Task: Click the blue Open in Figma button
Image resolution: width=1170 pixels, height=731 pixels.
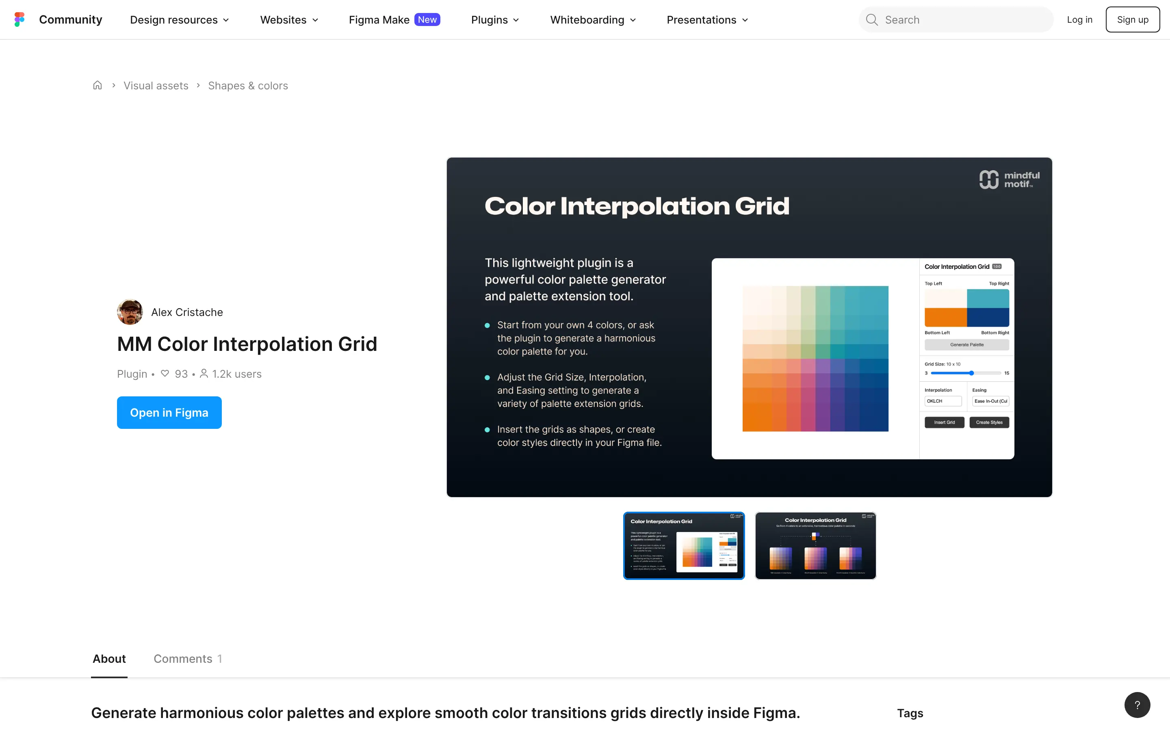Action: (169, 412)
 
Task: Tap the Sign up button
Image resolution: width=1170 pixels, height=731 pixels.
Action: (1132, 20)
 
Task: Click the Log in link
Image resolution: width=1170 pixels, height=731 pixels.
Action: (1079, 20)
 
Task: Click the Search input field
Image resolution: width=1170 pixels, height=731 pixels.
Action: (962, 20)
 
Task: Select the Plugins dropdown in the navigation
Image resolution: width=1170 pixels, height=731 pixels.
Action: (494, 20)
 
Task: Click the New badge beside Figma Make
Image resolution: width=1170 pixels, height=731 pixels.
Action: (427, 20)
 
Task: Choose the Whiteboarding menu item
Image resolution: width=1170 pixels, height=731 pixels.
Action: (593, 20)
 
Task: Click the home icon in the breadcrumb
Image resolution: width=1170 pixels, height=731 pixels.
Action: (97, 86)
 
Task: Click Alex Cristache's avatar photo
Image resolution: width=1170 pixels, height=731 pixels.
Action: (130, 312)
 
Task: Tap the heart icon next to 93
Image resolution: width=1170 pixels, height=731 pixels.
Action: (165, 374)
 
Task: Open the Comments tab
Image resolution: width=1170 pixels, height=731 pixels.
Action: (188, 658)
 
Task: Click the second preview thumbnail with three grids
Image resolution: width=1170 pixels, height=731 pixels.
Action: (815, 545)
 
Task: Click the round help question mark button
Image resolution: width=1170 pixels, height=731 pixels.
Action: (1137, 705)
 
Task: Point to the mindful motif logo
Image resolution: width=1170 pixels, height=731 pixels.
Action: (1009, 180)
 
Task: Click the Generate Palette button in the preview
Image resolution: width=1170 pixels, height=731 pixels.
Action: (966, 345)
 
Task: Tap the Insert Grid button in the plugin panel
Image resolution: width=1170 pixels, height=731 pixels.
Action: (944, 422)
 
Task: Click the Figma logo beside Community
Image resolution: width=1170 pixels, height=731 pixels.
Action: (19, 19)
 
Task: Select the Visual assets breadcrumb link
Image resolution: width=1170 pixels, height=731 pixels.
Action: (156, 86)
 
